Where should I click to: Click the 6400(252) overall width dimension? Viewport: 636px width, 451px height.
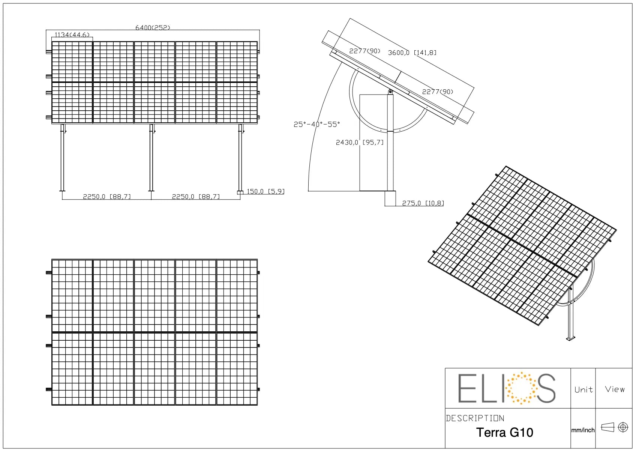[153, 28]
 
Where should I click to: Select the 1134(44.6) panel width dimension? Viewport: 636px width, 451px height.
[72, 35]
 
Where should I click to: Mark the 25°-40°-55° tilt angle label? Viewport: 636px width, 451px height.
[316, 124]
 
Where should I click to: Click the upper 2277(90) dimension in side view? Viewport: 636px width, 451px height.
[364, 51]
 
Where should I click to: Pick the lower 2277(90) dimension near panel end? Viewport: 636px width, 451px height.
[437, 92]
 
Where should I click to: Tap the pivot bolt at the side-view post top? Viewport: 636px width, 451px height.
[390, 92]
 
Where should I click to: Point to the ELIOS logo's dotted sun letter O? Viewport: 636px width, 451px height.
[521, 388]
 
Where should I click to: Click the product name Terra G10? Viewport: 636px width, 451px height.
[504, 433]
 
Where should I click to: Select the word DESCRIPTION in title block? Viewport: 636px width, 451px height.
[475, 418]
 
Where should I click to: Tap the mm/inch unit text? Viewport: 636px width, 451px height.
[583, 430]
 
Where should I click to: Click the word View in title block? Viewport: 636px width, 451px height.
[615, 389]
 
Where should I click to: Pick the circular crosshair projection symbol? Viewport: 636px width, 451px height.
[623, 427]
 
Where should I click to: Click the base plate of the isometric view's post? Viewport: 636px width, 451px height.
[570, 339]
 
